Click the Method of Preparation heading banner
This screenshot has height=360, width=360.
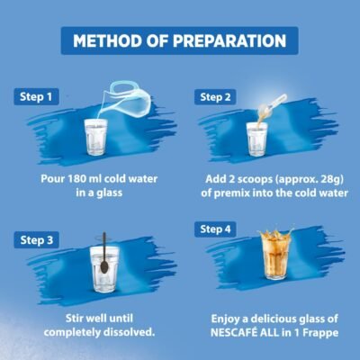point(180,40)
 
